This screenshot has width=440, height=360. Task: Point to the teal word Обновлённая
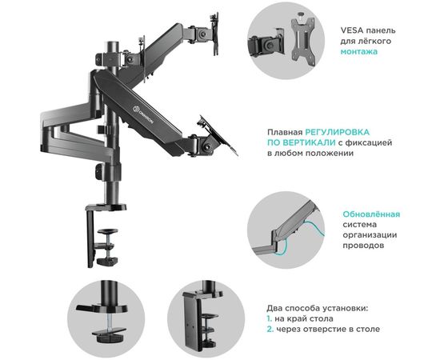[x=372, y=214]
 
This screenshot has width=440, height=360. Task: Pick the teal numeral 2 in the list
[x=270, y=329]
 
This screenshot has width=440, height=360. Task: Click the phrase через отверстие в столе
[x=328, y=329]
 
